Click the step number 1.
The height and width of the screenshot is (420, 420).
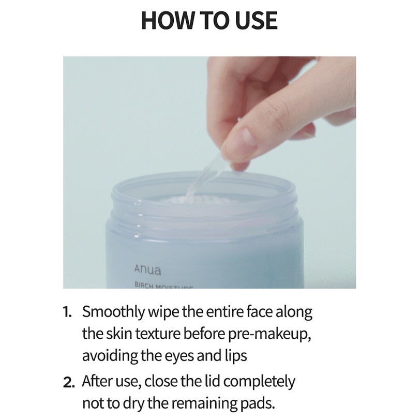pos(68,312)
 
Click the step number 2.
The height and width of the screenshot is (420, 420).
pos(69,382)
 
